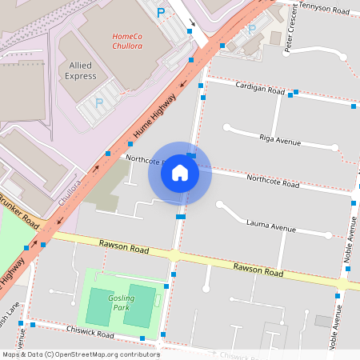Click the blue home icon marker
(x=180, y=173)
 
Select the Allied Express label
(x=81, y=70)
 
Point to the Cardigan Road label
(x=259, y=89)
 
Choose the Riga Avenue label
(x=280, y=141)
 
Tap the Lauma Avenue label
(x=270, y=226)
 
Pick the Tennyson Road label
(x=322, y=9)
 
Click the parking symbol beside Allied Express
(x=99, y=102)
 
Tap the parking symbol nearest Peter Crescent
(x=252, y=30)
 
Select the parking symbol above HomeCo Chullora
(x=161, y=12)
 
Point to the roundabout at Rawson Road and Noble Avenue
(x=342, y=284)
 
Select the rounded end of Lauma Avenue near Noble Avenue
(x=327, y=235)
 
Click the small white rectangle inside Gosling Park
(x=158, y=301)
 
